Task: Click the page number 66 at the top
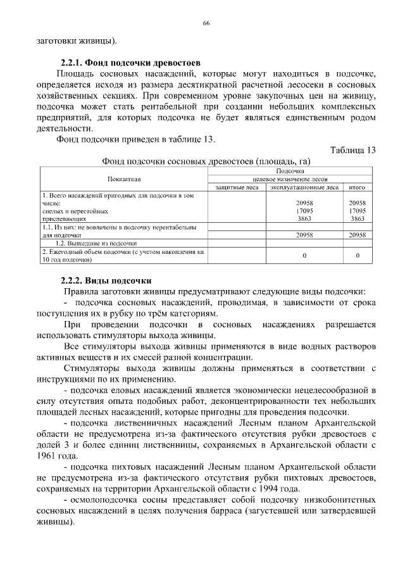[x=206, y=23]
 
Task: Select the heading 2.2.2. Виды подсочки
[x=106, y=280]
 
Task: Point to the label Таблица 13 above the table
[x=353, y=150]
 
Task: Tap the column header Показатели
[x=124, y=179]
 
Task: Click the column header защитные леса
[x=237, y=187]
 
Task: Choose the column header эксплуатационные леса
[x=304, y=187]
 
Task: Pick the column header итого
[x=357, y=187]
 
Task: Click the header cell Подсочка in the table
[x=290, y=172]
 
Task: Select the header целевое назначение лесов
[x=290, y=179]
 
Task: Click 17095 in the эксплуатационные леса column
[x=305, y=211]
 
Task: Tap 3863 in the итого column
[x=358, y=218]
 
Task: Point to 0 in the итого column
[x=358, y=256]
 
